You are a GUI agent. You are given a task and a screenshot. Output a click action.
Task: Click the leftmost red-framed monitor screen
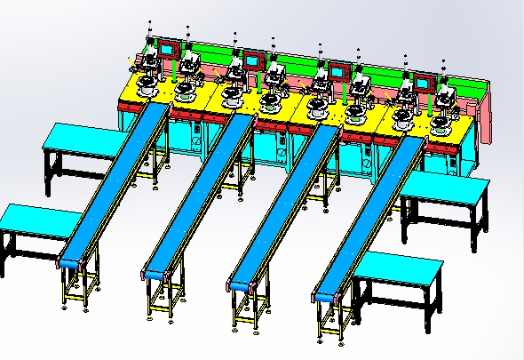(x=167, y=48)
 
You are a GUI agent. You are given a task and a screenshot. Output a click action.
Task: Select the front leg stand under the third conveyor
(x=244, y=307)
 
